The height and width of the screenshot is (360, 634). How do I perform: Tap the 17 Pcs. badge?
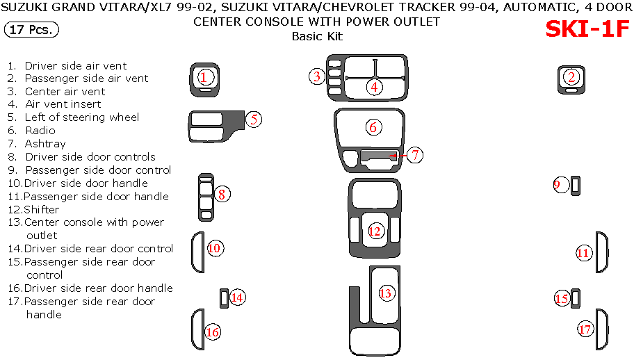(x=32, y=30)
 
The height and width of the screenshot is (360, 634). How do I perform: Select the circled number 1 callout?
(x=204, y=77)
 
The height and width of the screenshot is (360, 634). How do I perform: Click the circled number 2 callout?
(x=571, y=77)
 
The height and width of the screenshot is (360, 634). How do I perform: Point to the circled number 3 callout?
(x=317, y=76)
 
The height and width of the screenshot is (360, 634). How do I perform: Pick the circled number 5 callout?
(x=254, y=119)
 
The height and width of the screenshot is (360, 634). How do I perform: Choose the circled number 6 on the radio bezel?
(x=373, y=127)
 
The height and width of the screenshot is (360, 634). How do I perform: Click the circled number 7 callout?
(x=415, y=155)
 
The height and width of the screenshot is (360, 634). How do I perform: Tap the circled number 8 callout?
(x=221, y=195)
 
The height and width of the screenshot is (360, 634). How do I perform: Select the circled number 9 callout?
(x=562, y=184)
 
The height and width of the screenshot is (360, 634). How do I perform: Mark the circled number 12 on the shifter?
(x=375, y=231)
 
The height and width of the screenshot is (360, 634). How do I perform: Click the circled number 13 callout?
(x=386, y=293)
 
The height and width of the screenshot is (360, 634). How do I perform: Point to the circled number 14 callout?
(x=237, y=297)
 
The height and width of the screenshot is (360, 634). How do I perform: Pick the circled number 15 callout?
(x=562, y=298)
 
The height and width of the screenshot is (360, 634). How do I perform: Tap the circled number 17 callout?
(x=585, y=329)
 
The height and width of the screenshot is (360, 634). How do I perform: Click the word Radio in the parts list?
(x=40, y=131)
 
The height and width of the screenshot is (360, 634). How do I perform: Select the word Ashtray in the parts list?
(x=45, y=144)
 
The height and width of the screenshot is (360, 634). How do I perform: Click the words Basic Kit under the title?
(x=316, y=36)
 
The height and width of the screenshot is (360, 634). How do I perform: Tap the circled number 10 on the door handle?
(x=214, y=248)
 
